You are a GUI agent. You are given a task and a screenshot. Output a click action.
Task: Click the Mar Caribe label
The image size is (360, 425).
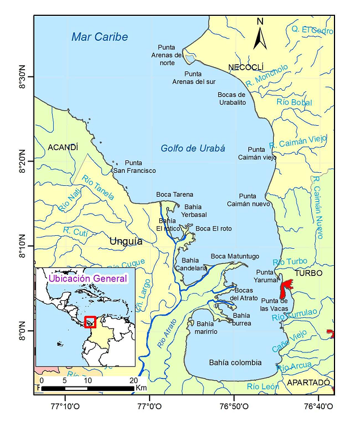pyautogui.click(x=99, y=37)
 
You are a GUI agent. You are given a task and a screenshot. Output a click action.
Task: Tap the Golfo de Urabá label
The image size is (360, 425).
pyautogui.click(x=193, y=148)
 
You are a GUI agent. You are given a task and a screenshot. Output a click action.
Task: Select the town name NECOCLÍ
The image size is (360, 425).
pyautogui.click(x=247, y=68)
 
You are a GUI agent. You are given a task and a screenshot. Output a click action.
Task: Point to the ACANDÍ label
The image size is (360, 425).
pyautogui.click(x=62, y=147)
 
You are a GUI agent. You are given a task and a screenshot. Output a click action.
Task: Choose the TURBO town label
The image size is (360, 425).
pyautogui.click(x=308, y=273)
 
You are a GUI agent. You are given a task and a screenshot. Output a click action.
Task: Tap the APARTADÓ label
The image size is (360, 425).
pyautogui.click(x=308, y=382)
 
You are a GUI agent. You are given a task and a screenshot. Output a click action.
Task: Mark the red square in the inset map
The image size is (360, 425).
pyautogui.click(x=90, y=322)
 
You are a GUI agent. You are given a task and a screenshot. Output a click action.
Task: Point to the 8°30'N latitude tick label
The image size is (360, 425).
pyautogui.click(x=23, y=76)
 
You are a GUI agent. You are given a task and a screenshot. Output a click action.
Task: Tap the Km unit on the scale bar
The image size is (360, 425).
pyautogui.click(x=141, y=388)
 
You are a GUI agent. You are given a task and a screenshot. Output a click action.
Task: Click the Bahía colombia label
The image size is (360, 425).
pyautogui.click(x=235, y=363)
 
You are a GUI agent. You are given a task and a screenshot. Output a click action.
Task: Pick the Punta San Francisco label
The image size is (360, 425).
pyautogui.click(x=134, y=167)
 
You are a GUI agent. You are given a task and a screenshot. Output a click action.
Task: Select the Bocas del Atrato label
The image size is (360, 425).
pyautogui.click(x=243, y=294)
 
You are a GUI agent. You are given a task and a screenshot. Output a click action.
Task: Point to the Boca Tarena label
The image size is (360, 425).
pyautogui.click(x=175, y=194)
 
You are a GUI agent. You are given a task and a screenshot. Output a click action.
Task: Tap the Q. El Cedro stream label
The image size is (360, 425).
pyautogui.click(x=312, y=29)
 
